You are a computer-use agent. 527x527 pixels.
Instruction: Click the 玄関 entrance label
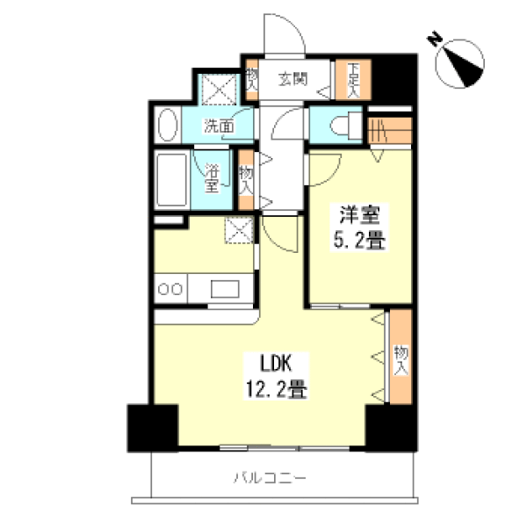point(292,79)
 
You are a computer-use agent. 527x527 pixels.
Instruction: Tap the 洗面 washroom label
point(219,126)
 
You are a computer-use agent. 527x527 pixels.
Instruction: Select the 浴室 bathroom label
point(213,178)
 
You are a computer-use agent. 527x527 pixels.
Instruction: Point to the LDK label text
point(276,363)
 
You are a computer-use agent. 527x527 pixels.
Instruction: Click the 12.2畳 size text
point(277,388)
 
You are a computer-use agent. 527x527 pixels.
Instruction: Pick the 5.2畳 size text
point(359,240)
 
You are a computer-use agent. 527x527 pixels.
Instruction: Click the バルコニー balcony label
point(270,478)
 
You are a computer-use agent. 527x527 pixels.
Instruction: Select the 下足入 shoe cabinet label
point(353,80)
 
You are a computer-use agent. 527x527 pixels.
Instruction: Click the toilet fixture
point(346,125)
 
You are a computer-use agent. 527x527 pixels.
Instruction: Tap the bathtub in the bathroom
point(172,179)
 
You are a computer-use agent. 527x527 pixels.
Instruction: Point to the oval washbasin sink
point(168,125)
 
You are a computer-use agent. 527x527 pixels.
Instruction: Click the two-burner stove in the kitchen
point(170,289)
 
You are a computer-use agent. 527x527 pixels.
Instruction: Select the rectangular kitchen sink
point(225,289)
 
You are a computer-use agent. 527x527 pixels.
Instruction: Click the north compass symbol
point(459,63)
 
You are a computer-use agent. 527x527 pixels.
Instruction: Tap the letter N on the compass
point(434,39)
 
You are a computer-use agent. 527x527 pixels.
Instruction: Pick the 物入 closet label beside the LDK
point(401,359)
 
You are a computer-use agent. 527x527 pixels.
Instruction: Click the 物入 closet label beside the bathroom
point(246,180)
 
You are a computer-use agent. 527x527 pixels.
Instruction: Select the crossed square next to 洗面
point(220,90)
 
